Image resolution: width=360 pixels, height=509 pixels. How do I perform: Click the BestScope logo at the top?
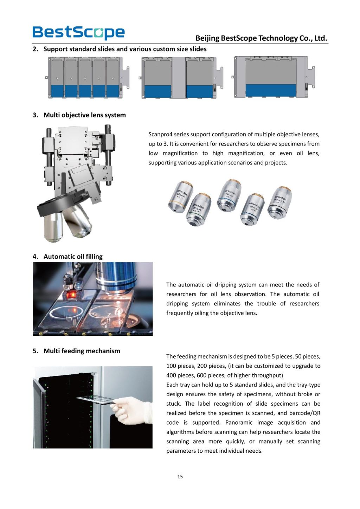pyautogui.click(x=78, y=32)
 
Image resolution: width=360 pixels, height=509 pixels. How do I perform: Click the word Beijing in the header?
pyautogui.click(x=207, y=38)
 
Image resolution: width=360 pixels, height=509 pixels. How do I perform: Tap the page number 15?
pyautogui.click(x=180, y=477)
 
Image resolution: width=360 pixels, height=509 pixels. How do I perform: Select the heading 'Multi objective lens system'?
pyautogui.click(x=84, y=115)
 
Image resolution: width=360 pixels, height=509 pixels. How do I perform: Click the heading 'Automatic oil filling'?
pyautogui.click(x=73, y=257)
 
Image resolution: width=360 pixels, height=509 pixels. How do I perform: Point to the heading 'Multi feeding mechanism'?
pyautogui.click(x=82, y=351)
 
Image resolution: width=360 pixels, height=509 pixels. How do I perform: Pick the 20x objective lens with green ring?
pyautogui.click(x=199, y=210)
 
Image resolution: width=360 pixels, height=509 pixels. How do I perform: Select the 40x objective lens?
pyautogui.click(x=229, y=195)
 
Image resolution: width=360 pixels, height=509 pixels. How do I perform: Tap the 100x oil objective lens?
pyautogui.click(x=280, y=203)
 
